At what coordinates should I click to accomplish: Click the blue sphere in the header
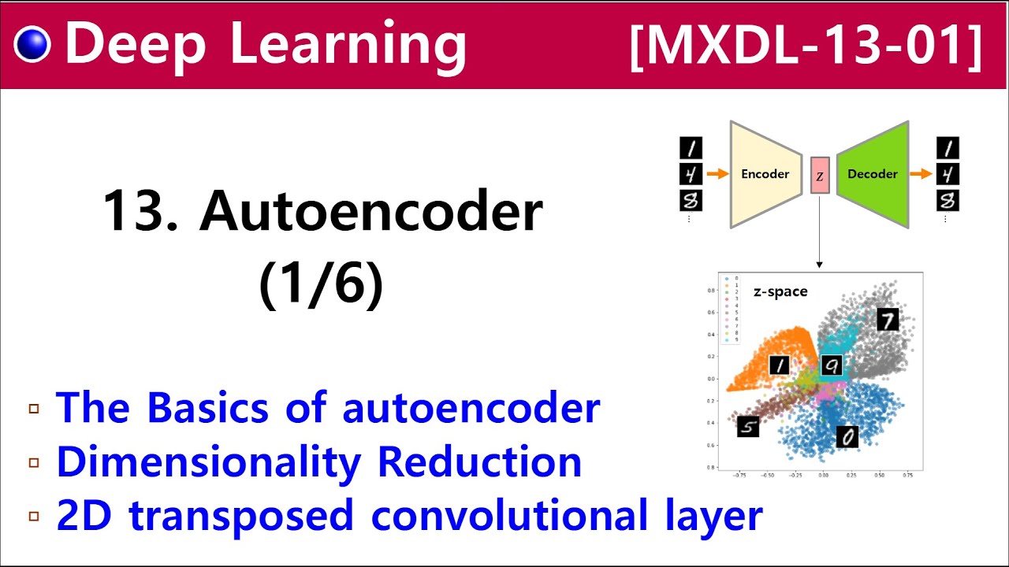pyautogui.click(x=32, y=45)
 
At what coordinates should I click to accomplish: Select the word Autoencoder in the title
pyautogui.click(x=371, y=211)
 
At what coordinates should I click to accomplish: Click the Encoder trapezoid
pyautogui.click(x=765, y=174)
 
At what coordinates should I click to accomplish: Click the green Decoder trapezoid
pyautogui.click(x=873, y=174)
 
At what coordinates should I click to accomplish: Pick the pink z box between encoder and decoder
pyautogui.click(x=820, y=176)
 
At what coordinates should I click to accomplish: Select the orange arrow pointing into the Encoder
pyautogui.click(x=717, y=174)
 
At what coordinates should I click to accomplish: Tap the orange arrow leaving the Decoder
pyautogui.click(x=921, y=174)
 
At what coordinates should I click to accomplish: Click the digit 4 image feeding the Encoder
pyautogui.click(x=691, y=174)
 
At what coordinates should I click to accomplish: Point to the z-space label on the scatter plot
pyautogui.click(x=780, y=291)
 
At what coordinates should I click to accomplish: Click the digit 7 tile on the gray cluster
pyautogui.click(x=888, y=319)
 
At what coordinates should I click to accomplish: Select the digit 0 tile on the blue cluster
pyautogui.click(x=847, y=436)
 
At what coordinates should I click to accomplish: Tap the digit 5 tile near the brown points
pyautogui.click(x=748, y=427)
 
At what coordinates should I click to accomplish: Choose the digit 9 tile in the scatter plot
pyautogui.click(x=832, y=365)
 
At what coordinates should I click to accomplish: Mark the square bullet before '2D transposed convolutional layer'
pyautogui.click(x=33, y=517)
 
